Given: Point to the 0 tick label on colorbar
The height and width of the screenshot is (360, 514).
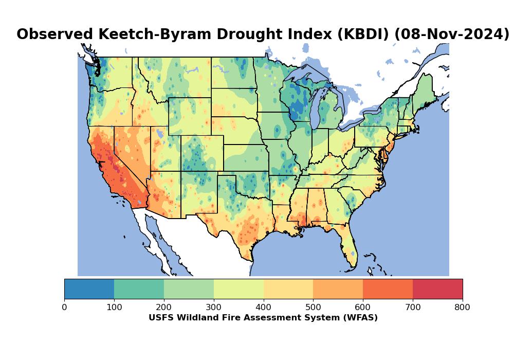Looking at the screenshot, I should click(x=64, y=308).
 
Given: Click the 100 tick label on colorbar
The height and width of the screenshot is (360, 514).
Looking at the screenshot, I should click(x=114, y=308).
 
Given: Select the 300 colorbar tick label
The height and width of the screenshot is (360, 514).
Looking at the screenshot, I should click(x=214, y=308).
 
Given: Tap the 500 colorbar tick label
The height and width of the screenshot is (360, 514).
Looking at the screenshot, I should click(x=313, y=308).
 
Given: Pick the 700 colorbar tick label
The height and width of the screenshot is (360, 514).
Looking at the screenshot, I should click(x=413, y=308).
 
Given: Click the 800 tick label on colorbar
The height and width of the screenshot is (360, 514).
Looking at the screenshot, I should click(x=463, y=308).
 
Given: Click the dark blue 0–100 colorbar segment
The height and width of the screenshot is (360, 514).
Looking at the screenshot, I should click(x=89, y=289).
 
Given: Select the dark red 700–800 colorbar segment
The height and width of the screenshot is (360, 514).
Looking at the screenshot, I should click(x=437, y=289).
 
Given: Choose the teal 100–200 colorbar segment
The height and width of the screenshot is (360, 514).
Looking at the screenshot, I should click(x=139, y=289).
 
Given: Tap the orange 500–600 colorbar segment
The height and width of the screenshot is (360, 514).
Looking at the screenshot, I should click(x=338, y=289).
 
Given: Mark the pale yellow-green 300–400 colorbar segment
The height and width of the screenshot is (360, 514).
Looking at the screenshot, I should click(x=238, y=289).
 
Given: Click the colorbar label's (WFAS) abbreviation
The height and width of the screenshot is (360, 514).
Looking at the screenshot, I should click(x=359, y=318).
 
